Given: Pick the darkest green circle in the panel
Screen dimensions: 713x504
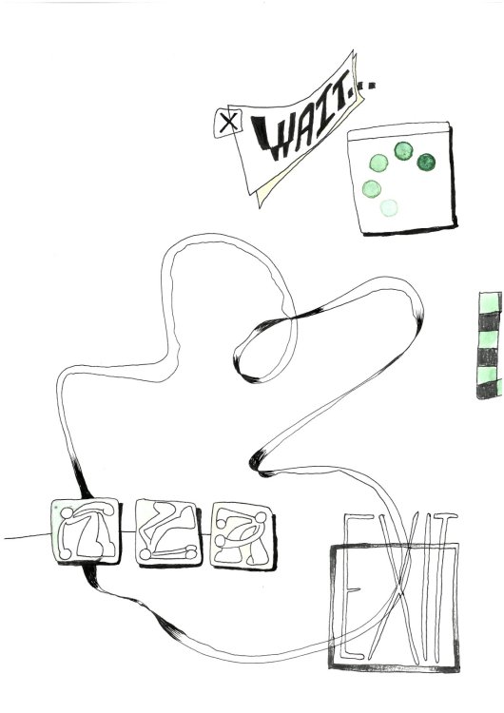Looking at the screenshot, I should pyautogui.click(x=425, y=163).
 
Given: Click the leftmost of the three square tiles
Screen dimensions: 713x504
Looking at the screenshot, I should pyautogui.click(x=83, y=529).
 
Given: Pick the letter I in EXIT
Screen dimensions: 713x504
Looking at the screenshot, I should pyautogui.click(x=418, y=585).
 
